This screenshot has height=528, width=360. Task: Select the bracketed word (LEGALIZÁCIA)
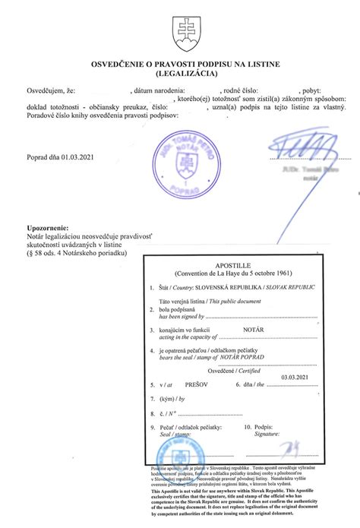coord(181,75)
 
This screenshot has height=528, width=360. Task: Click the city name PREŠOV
coord(197,385)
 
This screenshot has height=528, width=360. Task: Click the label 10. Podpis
coord(255,428)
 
